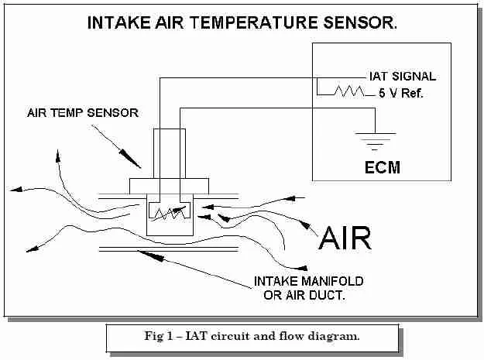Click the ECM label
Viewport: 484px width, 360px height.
click(382, 166)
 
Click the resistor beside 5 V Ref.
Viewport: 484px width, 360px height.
click(348, 92)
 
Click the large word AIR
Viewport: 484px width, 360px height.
click(346, 238)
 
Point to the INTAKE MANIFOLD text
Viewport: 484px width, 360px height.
click(309, 280)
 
